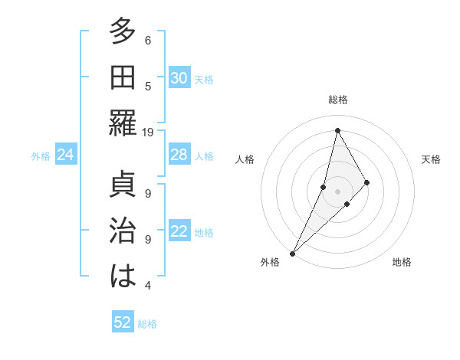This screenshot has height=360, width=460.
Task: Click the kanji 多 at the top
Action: [x=123, y=32]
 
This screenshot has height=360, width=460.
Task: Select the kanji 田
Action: [x=123, y=77]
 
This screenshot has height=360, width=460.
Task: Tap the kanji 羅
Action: [x=123, y=123]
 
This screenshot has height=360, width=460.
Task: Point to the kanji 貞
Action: [x=123, y=186]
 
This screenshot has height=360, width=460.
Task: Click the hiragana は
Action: [x=123, y=277]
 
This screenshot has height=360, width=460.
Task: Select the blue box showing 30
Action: [x=179, y=77]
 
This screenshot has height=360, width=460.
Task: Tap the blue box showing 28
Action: [x=179, y=155]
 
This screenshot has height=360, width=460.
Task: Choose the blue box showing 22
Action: [x=179, y=232]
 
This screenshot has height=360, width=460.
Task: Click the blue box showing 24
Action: [x=66, y=155]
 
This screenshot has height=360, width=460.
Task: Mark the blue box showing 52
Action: [x=123, y=322]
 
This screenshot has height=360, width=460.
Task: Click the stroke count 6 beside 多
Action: [x=148, y=40]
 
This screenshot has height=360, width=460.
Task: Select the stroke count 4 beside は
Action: [x=148, y=286]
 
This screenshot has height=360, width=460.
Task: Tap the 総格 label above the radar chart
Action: [x=338, y=100]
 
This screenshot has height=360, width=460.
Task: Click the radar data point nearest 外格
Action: [x=292, y=253]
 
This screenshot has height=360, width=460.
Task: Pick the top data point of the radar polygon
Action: [x=337, y=130]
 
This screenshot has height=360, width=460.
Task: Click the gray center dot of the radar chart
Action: [x=337, y=191]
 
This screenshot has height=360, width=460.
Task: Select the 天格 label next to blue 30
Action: [x=204, y=79]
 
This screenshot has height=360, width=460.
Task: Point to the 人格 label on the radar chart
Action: [x=245, y=159]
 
